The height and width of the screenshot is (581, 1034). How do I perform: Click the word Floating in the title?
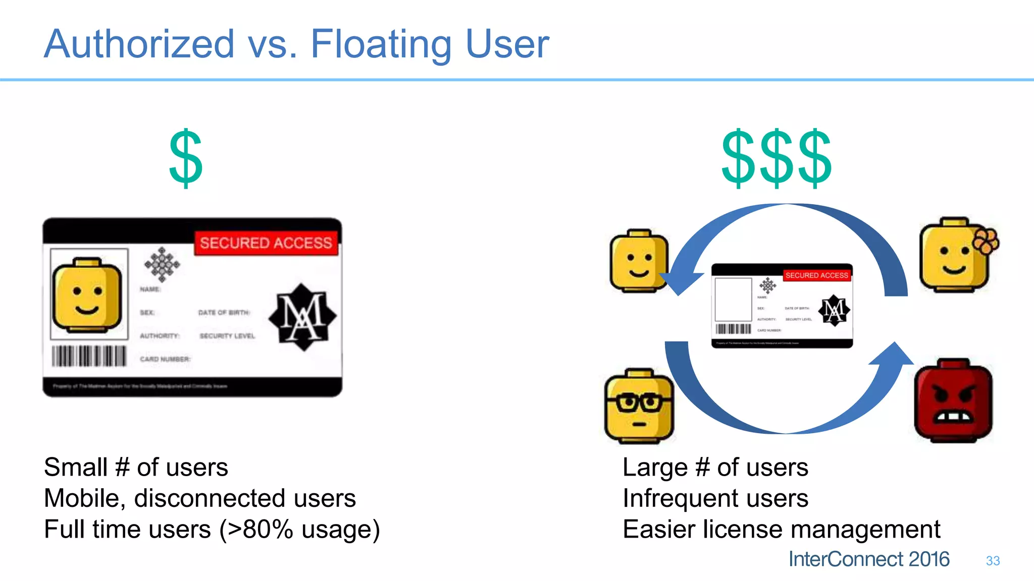381,44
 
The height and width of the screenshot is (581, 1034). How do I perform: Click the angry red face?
953,400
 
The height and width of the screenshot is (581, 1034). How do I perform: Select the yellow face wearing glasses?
639,406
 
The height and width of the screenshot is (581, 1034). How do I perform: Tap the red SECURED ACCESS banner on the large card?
266,243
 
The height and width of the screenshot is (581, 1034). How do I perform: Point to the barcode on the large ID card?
89,356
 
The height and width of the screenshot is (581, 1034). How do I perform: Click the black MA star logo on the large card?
302,317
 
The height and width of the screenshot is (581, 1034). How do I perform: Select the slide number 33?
993,561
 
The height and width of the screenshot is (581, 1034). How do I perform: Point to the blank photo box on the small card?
733,299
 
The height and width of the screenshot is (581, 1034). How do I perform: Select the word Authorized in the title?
139,44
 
